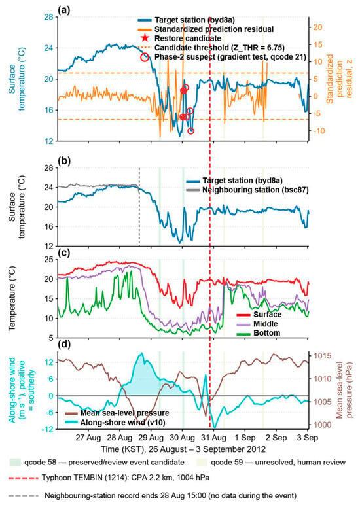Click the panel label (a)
(63, 10)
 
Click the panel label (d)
(63, 345)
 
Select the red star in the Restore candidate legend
(145, 38)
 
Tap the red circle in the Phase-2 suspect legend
(145, 57)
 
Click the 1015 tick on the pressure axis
(323, 356)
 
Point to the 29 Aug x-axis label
(151, 438)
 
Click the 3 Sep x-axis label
(308, 438)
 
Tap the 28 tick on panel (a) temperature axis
(48, 16)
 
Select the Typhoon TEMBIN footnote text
(126, 478)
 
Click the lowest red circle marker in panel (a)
(191, 131)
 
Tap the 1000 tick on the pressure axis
(323, 425)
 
